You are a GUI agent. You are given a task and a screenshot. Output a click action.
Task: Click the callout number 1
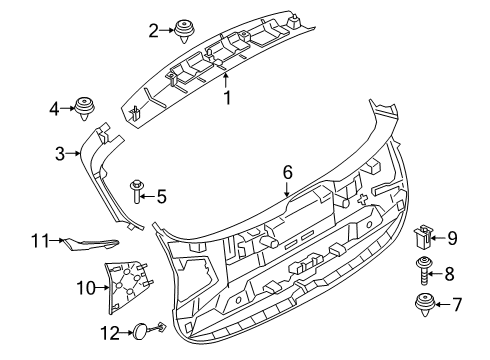(226, 97)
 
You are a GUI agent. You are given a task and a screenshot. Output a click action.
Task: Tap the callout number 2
(153, 31)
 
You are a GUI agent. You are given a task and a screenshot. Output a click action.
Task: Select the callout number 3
(60, 153)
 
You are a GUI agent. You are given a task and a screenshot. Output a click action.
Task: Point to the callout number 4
(55, 107)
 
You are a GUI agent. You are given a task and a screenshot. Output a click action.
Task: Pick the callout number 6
(287, 173)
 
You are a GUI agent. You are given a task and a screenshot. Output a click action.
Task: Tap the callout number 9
(451, 237)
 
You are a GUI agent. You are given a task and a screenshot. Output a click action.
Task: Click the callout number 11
(40, 240)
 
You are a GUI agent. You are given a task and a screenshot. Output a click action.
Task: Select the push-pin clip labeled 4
(86, 106)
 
